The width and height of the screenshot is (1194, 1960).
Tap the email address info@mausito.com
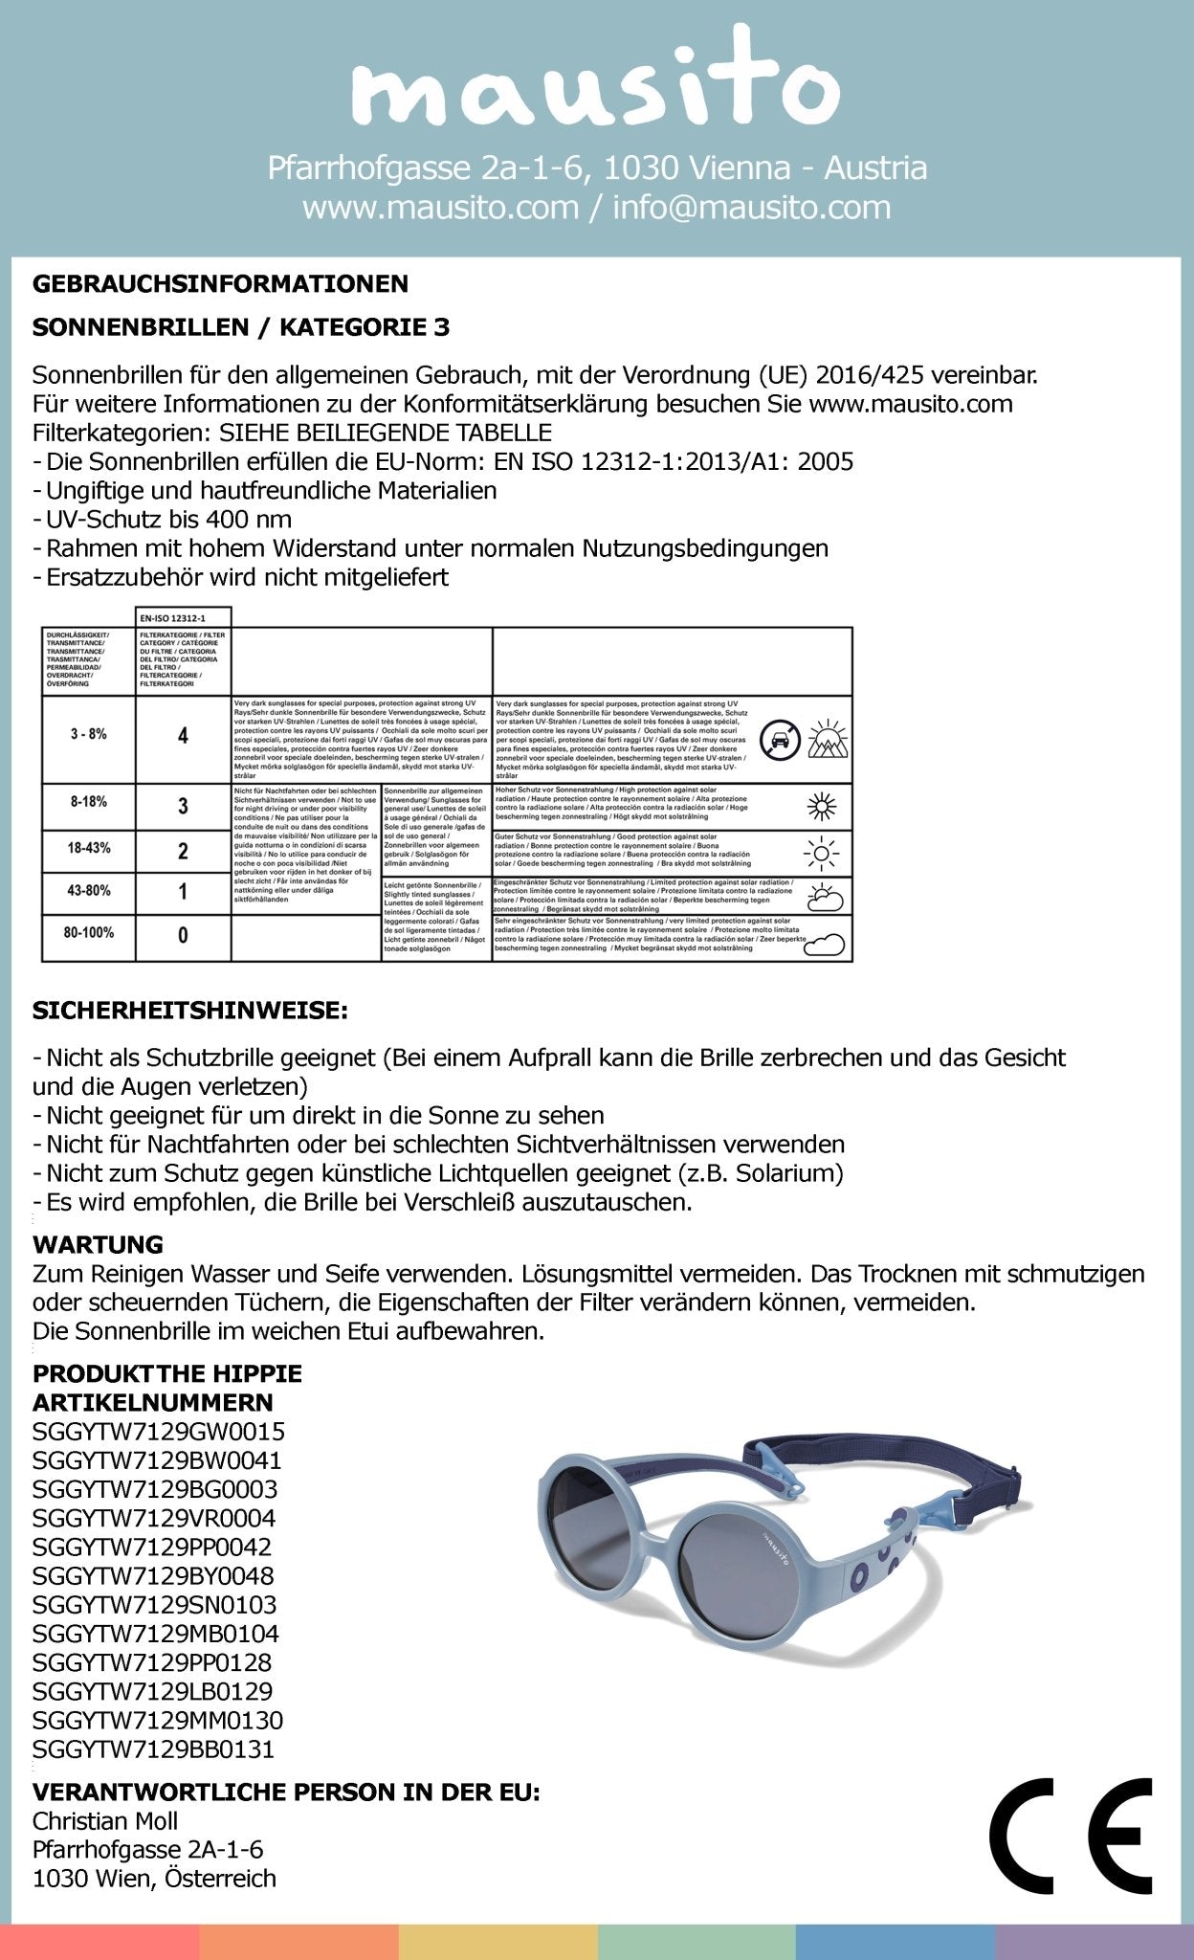(x=752, y=208)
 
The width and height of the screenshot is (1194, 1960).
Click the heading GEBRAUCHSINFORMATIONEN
(x=220, y=284)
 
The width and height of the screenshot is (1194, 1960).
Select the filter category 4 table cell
(x=183, y=736)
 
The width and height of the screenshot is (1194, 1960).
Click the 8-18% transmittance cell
(x=88, y=802)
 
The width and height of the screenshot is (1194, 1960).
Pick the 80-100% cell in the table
(x=88, y=932)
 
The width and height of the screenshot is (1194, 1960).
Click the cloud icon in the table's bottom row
(x=826, y=944)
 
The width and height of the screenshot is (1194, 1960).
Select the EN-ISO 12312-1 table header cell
(x=183, y=618)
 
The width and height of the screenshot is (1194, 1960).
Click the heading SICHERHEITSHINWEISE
(x=189, y=1011)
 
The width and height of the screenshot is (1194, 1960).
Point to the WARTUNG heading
(x=98, y=1245)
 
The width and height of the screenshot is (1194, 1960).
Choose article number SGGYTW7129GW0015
(x=158, y=1432)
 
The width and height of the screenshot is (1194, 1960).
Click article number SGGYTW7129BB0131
(x=153, y=1749)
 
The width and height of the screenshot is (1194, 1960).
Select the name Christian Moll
(x=105, y=1821)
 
